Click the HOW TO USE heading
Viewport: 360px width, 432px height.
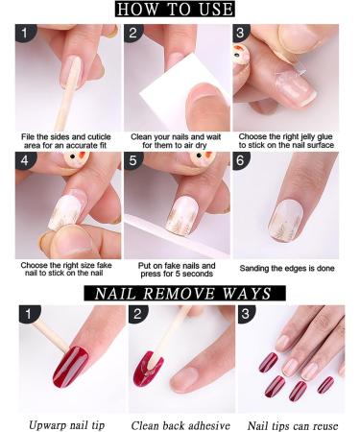point(175,9)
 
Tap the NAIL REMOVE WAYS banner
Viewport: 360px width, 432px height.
point(184,293)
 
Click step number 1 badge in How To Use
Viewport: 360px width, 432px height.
point(25,33)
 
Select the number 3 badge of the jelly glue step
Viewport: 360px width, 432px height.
point(241,33)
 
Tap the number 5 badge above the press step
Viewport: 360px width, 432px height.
point(133,160)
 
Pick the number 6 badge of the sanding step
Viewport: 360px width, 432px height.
point(241,160)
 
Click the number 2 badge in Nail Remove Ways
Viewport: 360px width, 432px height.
point(137,314)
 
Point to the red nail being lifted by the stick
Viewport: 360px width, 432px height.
point(70,367)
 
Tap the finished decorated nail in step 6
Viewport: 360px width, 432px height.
point(286,220)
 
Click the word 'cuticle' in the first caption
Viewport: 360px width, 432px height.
point(99,137)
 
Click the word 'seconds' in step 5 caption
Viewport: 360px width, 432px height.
point(199,274)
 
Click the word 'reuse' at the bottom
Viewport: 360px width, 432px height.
point(325,426)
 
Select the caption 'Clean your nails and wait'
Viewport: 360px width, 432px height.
point(176,137)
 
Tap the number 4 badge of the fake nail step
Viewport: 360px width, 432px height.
point(25,160)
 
